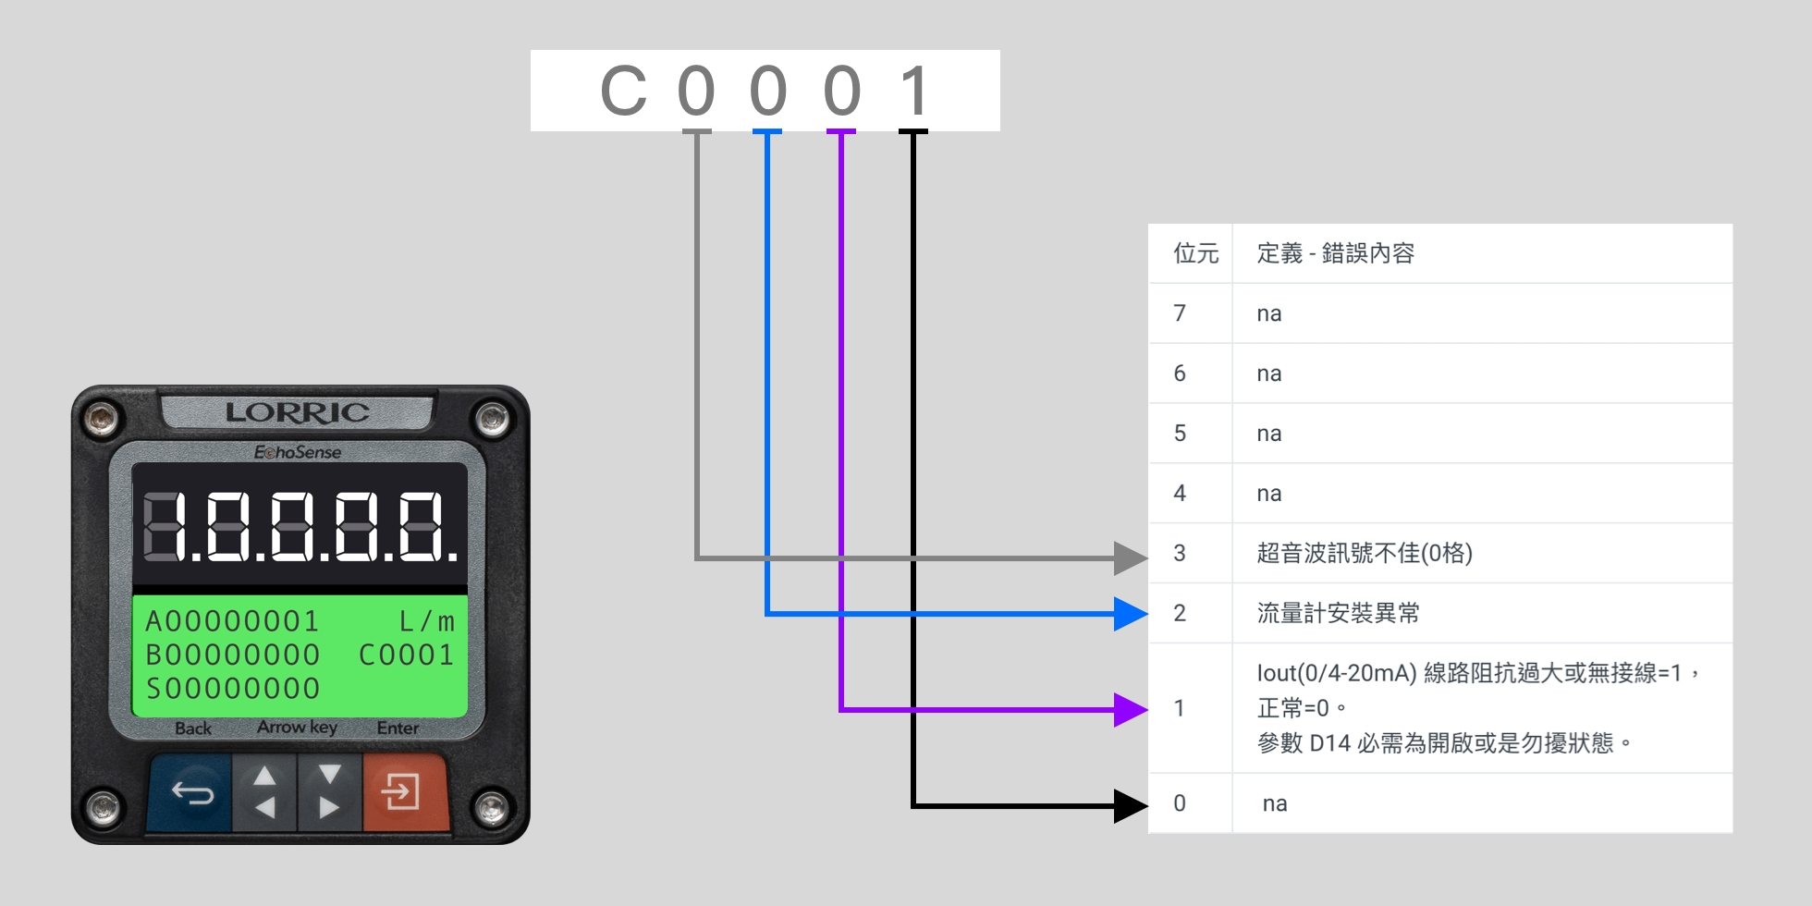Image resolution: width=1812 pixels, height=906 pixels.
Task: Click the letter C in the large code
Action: click(x=623, y=92)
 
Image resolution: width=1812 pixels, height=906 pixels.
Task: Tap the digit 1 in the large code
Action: click(x=913, y=92)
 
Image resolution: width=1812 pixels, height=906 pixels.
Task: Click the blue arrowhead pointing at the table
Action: click(x=1130, y=613)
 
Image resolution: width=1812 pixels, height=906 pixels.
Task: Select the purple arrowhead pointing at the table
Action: click(x=1130, y=710)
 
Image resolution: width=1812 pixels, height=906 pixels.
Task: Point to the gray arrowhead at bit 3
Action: click(x=1130, y=557)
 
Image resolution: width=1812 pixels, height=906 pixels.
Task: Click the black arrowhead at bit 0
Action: click(x=1130, y=805)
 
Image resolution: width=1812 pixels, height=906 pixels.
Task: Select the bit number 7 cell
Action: click(x=1180, y=313)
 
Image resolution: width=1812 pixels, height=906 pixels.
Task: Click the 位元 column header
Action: click(x=1195, y=253)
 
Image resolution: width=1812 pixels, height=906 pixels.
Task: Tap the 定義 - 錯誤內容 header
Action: click(x=1335, y=253)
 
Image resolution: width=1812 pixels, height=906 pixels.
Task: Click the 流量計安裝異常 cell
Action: click(x=1338, y=613)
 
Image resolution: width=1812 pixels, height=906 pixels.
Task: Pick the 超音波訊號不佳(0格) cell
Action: click(x=1364, y=553)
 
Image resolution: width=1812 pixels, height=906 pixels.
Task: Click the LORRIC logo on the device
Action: click(x=297, y=412)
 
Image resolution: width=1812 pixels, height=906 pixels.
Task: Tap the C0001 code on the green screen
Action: click(x=406, y=655)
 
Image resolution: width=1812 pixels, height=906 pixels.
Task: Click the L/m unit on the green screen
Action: click(x=426, y=621)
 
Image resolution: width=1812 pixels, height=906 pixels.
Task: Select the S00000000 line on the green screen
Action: click(x=233, y=689)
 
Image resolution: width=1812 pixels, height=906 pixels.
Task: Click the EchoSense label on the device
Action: click(x=297, y=452)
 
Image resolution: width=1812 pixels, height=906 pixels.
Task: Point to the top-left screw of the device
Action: click(x=100, y=420)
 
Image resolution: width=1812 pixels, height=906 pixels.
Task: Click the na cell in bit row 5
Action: click(x=1268, y=434)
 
